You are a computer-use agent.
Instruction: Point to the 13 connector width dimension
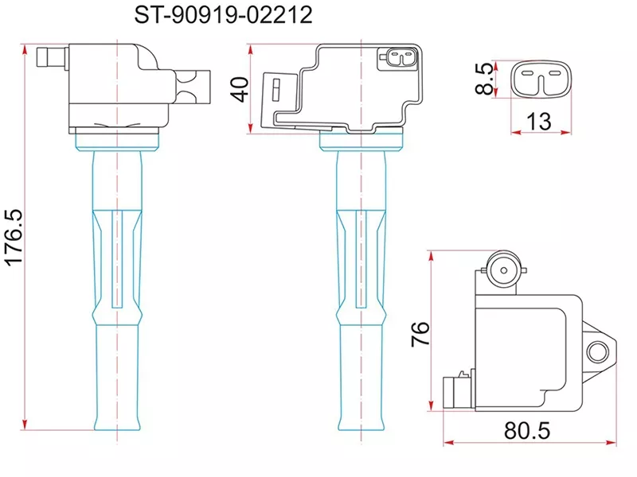(x=539, y=121)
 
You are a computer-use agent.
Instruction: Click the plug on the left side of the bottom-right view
(x=451, y=391)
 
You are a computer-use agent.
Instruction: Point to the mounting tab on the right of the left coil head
(x=193, y=87)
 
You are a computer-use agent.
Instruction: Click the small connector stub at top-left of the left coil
(x=53, y=58)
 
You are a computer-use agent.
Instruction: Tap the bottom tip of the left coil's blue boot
(x=117, y=428)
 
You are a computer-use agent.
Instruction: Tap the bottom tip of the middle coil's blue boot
(x=362, y=428)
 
